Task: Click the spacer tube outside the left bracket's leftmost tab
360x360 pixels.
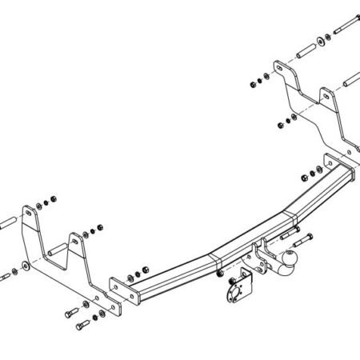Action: coord(7,222)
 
